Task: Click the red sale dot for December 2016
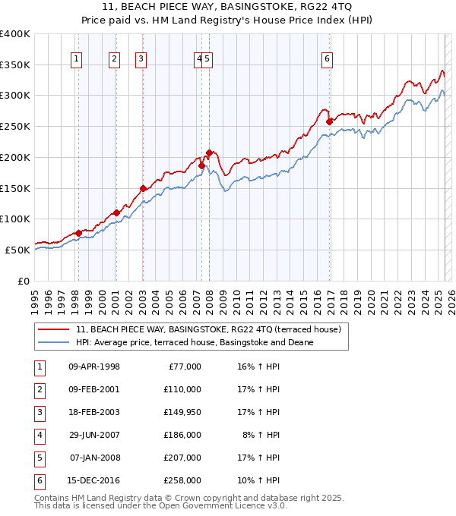tap(329, 121)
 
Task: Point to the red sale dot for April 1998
tap(78, 233)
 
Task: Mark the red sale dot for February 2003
tap(143, 188)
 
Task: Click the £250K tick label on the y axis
tap(14, 127)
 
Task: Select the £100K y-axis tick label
tap(14, 219)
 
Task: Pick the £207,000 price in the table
tap(182, 458)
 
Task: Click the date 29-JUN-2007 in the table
tap(94, 435)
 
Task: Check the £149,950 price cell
tap(182, 412)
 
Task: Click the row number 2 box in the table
tap(38, 389)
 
